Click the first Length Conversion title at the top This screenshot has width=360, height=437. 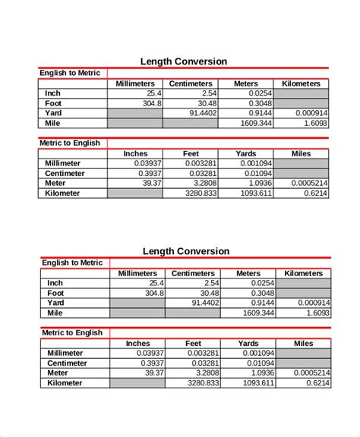pos(185,61)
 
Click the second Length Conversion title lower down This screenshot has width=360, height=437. pos(186,251)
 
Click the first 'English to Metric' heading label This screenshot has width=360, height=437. pos(70,73)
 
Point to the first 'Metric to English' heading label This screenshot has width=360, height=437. pos(70,143)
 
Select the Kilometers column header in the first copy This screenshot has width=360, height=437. pos(301,83)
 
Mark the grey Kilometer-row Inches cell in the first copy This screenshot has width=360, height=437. pos(135,193)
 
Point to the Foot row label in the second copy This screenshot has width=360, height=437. pos(55,293)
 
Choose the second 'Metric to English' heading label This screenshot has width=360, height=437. pos(72,332)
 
